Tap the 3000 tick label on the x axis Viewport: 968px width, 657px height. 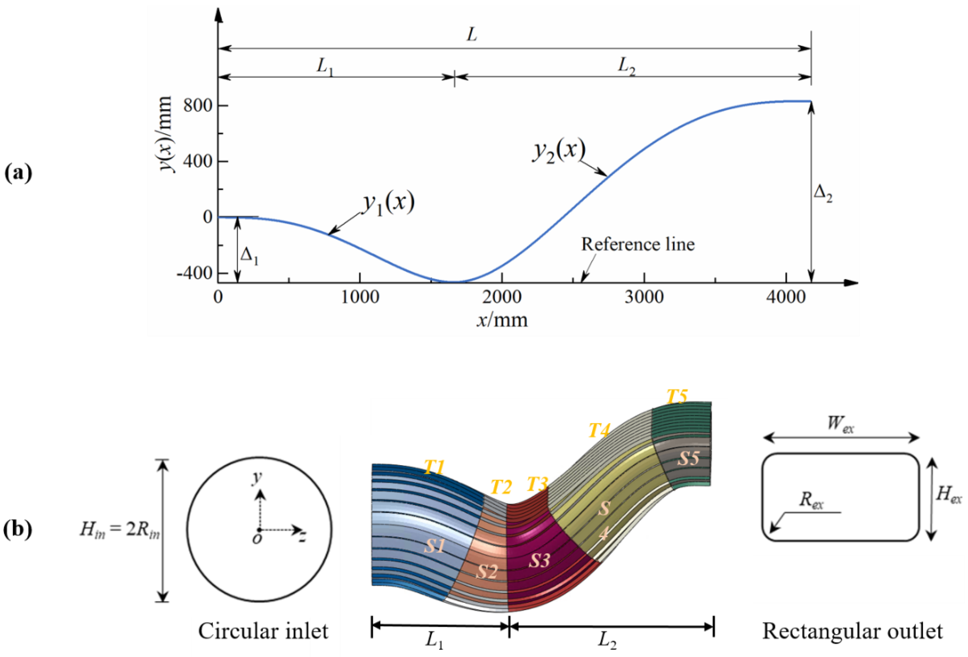[644, 297]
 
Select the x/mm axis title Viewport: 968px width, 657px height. [502, 320]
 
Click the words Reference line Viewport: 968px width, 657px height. [638, 244]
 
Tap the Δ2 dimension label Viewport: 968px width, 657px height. [823, 194]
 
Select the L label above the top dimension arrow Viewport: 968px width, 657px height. [471, 35]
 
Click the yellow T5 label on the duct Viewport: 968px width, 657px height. [676, 396]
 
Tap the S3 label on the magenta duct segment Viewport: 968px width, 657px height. [539, 561]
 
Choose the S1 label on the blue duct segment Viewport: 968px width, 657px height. [434, 545]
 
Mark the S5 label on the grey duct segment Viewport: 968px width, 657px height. [688, 459]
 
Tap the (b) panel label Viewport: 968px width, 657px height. [18, 530]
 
